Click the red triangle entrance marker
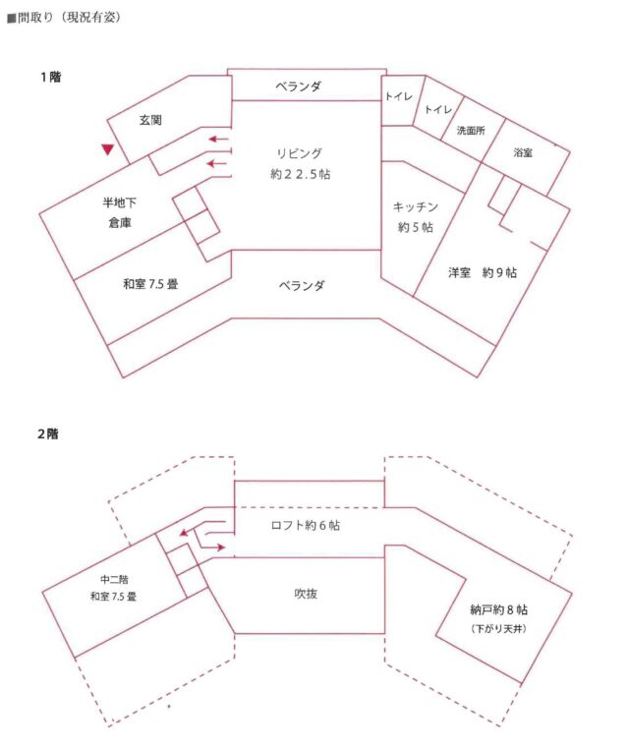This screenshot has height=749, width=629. (108, 149)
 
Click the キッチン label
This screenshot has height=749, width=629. (415, 206)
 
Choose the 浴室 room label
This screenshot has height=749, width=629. (523, 154)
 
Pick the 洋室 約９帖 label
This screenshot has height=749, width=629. (481, 273)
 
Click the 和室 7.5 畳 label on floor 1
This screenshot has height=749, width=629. (149, 284)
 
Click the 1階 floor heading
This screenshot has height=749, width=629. (49, 77)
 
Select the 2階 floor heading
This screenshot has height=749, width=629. (49, 433)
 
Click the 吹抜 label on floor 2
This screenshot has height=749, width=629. (306, 594)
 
